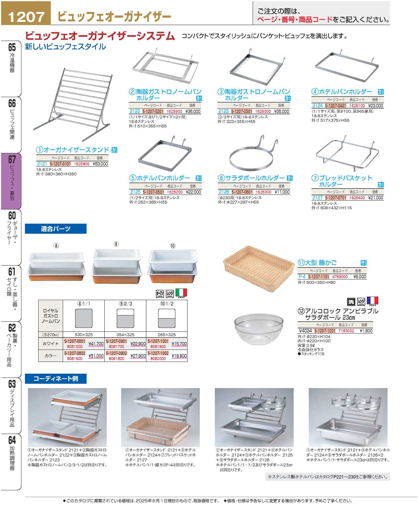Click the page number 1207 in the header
coord(26,17)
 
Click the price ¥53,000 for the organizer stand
coord(100,164)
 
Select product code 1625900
coord(174,111)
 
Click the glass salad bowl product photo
coord(258,329)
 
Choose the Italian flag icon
coord(181,293)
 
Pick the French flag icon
coord(372,301)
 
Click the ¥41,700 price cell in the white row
coord(96,344)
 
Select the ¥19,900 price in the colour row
coord(179,356)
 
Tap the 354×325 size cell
coord(125,335)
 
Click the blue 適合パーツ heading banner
coord(56,229)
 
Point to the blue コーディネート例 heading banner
coord(56,379)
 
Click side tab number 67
coord(12,160)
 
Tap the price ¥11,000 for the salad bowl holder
coord(282,192)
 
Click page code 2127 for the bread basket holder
coord(317,198)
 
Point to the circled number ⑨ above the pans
coord(116,244)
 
